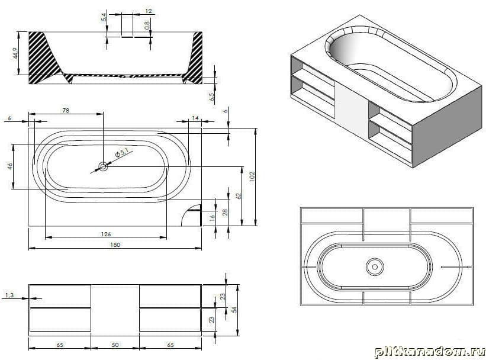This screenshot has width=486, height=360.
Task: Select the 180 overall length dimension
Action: pos(115,245)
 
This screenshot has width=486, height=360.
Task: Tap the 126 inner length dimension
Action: pos(106,234)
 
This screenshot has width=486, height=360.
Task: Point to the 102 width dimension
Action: pos(252,177)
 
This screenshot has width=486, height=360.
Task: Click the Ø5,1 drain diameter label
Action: pos(121,153)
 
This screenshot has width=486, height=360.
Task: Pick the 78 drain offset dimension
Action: pos(66,110)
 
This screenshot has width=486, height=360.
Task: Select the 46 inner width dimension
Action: pos(10,166)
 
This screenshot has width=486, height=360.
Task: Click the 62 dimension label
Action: pos(239,196)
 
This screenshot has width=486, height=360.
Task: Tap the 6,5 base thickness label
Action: pos(213,97)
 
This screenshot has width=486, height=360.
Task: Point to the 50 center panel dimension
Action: pos(115,345)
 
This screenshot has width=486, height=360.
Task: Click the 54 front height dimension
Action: pos(234,310)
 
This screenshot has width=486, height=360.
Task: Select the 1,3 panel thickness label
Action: pos(9,295)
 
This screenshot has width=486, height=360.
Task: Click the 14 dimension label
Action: pos(195,118)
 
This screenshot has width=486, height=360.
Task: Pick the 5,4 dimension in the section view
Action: pos(104,17)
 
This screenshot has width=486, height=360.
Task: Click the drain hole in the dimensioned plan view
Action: pos(103,167)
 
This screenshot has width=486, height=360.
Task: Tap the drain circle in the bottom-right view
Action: pos(375,266)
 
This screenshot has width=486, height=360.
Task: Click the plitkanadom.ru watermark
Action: pos(430,352)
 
